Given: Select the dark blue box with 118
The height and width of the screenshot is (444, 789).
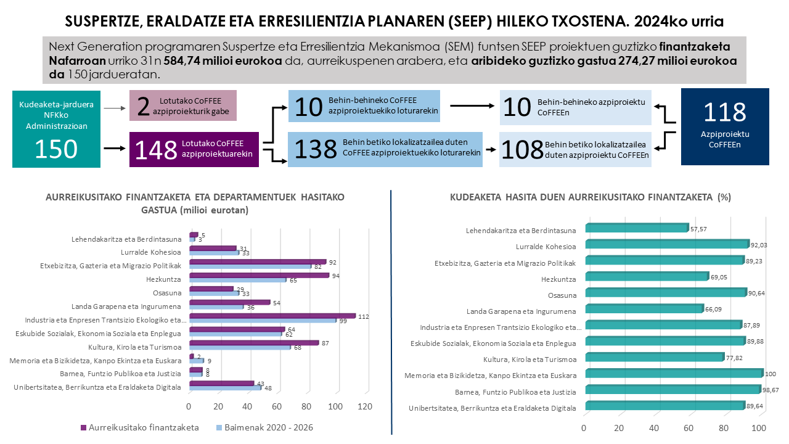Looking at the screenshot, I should (x=724, y=126).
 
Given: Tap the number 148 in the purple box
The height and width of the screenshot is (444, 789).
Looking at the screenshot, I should (x=156, y=150).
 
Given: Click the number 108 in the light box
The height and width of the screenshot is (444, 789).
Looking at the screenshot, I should (x=521, y=150).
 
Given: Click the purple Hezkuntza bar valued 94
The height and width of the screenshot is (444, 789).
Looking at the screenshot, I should (x=259, y=275).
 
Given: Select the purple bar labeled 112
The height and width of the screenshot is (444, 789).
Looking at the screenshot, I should (x=272, y=316).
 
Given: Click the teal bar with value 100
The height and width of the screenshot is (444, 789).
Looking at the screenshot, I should (x=674, y=373).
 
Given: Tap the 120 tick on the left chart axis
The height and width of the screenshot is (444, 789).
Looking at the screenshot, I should (x=365, y=407).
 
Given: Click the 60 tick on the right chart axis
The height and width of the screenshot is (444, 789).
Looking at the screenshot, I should (x=689, y=428).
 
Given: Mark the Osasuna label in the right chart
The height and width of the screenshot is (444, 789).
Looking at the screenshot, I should (x=562, y=295).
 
